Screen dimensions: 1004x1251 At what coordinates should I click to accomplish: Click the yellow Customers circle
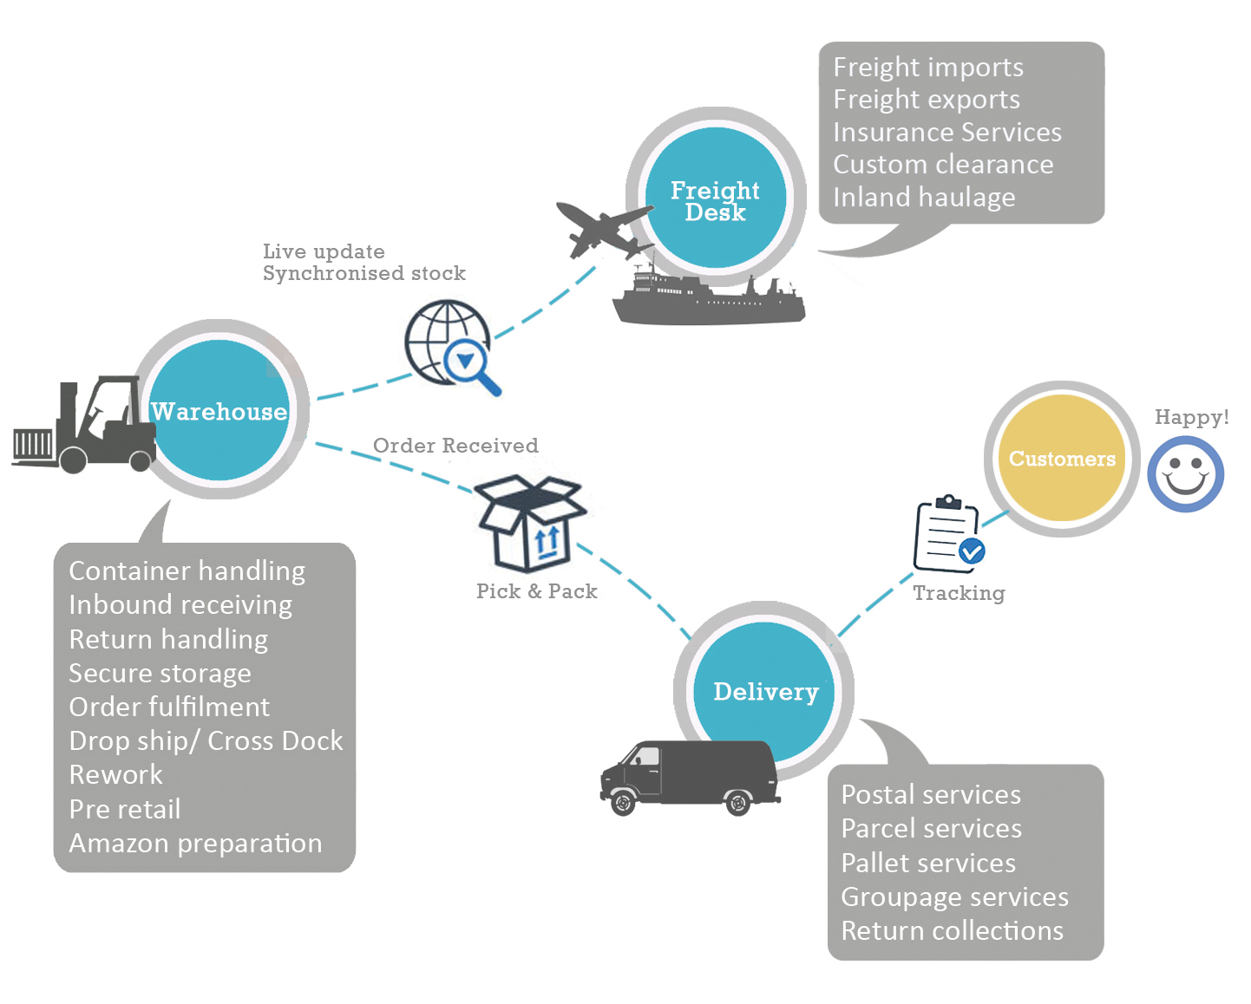click(1061, 459)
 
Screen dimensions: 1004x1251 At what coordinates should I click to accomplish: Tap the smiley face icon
click(1185, 474)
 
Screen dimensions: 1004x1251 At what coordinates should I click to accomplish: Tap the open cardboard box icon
click(531, 523)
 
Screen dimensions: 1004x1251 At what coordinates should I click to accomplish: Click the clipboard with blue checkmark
click(947, 535)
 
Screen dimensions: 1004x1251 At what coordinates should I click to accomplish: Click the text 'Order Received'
click(455, 446)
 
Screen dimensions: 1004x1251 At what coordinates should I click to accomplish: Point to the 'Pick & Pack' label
click(536, 591)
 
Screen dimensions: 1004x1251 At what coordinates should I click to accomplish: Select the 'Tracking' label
click(959, 593)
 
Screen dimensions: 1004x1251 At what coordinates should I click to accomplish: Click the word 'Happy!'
click(1191, 417)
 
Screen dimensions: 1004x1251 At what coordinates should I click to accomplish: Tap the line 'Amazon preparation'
click(195, 844)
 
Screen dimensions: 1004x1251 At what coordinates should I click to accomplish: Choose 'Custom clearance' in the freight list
click(943, 165)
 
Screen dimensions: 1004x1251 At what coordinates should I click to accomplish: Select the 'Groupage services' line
click(954, 897)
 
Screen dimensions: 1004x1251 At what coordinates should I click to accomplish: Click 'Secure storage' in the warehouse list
click(160, 674)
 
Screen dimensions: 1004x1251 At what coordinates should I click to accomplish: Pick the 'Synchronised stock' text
click(364, 274)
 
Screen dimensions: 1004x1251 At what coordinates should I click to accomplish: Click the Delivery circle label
click(765, 692)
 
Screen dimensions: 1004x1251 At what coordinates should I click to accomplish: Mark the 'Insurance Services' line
click(946, 133)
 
